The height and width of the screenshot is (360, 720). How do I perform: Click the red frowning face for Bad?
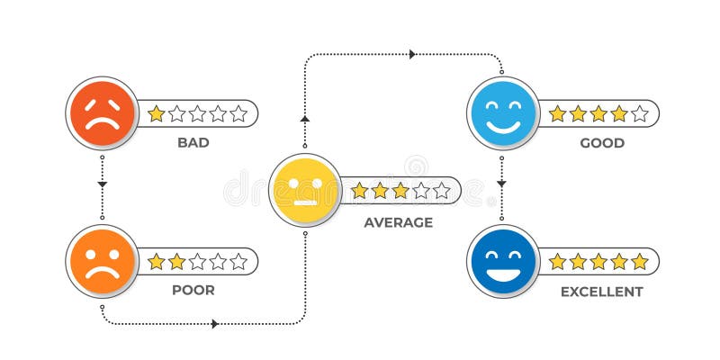click(x=102, y=112)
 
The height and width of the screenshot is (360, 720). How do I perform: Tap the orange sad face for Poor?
click(x=102, y=261)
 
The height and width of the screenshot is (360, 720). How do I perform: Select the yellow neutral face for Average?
click(x=304, y=190)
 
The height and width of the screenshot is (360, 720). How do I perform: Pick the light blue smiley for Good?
click(x=503, y=112)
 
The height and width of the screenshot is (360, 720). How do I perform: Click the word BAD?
click(x=193, y=142)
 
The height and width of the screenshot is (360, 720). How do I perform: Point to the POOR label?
click(x=193, y=291)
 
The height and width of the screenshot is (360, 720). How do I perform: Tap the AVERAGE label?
click(x=398, y=221)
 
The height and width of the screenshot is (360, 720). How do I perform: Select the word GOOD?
click(x=602, y=142)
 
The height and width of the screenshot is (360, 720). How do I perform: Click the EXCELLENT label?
click(x=602, y=291)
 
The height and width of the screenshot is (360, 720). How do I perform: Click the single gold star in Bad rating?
click(x=157, y=113)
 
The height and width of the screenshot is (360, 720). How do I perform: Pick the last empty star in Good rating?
click(x=639, y=113)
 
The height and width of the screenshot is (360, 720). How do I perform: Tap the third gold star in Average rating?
click(x=400, y=190)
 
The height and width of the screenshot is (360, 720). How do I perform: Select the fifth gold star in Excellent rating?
click(x=639, y=262)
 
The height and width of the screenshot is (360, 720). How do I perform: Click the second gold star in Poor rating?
click(x=177, y=262)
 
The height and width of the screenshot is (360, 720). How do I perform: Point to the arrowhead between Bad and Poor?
click(x=102, y=184)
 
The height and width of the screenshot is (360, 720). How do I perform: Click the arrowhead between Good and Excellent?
click(x=502, y=184)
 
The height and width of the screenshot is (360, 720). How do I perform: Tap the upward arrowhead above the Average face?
click(x=304, y=118)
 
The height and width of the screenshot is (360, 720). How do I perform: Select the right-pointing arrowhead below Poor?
click(x=215, y=324)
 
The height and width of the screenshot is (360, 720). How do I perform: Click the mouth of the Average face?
click(x=304, y=201)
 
